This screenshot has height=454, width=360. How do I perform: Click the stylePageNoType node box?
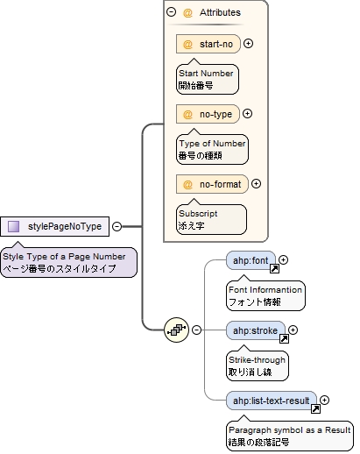click(x=54, y=227)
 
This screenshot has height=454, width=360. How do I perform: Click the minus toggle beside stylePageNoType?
click(x=116, y=227)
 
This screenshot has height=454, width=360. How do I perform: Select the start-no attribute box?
click(x=208, y=44)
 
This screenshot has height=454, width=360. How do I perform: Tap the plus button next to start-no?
click(x=249, y=44)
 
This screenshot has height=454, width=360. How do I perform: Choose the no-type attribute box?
click(x=208, y=113)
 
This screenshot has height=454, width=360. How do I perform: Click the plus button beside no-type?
click(x=247, y=113)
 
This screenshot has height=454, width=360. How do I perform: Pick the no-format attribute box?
click(x=212, y=184)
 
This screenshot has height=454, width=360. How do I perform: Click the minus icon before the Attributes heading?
click(x=171, y=13)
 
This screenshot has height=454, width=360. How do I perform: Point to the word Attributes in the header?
click(x=220, y=13)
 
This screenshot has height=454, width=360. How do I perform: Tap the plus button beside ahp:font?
click(x=284, y=259)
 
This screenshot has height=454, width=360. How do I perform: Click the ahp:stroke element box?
click(x=255, y=330)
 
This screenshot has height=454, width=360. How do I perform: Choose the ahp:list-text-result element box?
click(x=272, y=401)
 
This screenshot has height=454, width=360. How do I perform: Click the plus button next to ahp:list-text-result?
click(x=324, y=401)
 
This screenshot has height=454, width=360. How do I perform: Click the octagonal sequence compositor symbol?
click(x=177, y=330)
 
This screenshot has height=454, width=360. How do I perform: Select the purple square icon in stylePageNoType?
click(x=14, y=227)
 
